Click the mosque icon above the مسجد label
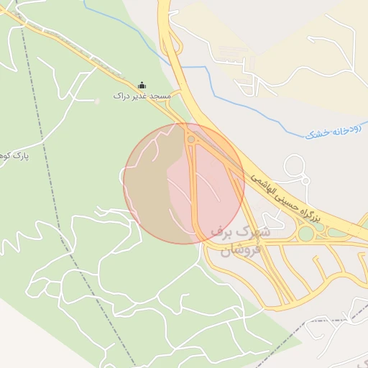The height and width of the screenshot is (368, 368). pos(141,85)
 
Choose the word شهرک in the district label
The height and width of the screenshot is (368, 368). pos(257,233)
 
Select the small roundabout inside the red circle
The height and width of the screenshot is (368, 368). pos(191,139)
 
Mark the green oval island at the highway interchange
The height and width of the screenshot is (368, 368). pos(307,234)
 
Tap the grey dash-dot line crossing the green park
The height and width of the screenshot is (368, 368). pos(65,216)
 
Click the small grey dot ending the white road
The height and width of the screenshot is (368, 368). pos(98,101)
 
